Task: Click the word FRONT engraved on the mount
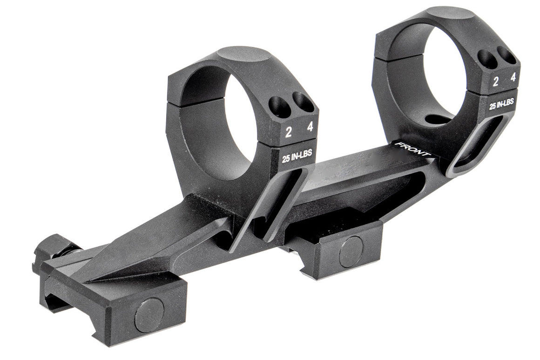[412, 150]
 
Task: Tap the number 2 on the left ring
[289, 132]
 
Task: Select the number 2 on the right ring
[496, 82]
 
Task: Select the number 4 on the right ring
[513, 77]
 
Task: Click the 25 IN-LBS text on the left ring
[297, 156]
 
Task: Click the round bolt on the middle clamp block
[351, 251]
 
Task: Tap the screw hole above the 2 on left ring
[281, 107]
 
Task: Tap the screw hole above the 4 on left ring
[303, 102]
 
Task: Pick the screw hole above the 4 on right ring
[507, 55]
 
